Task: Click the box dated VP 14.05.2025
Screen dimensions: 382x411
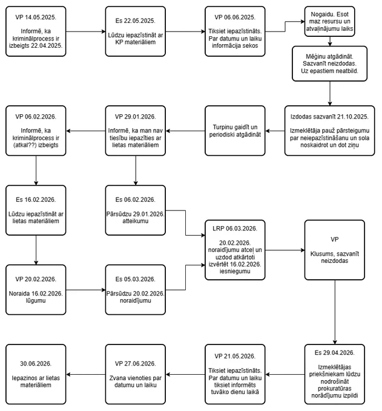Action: click(x=36, y=31)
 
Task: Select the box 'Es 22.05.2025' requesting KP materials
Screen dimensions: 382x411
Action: click(x=136, y=31)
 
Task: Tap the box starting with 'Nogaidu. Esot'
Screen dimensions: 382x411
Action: click(x=330, y=22)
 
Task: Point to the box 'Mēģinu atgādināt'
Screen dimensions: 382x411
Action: click(x=330, y=63)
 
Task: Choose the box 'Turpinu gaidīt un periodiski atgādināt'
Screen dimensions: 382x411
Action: click(x=235, y=131)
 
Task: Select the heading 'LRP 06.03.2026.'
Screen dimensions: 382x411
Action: click(x=235, y=228)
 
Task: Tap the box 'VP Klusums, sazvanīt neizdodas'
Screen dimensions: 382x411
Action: click(x=335, y=250)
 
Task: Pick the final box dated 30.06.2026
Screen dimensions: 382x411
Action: click(x=36, y=374)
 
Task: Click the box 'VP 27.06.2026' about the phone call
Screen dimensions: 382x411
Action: click(x=136, y=374)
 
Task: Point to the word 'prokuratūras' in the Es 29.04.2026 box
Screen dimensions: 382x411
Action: click(x=335, y=389)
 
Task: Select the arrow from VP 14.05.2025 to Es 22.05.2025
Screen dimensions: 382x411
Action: click(x=85, y=31)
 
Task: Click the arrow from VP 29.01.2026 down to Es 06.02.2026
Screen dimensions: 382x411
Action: click(x=136, y=170)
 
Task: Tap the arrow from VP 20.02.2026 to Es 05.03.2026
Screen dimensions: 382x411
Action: click(x=85, y=290)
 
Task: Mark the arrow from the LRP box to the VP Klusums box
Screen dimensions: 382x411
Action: click(x=285, y=250)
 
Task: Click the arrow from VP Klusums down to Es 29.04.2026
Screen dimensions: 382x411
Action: click(x=335, y=312)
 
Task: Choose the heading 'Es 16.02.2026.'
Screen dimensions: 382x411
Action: click(x=36, y=199)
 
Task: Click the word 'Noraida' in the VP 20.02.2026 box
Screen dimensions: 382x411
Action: click(x=19, y=294)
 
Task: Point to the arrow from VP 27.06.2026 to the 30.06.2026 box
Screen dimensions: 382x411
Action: click(x=85, y=375)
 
